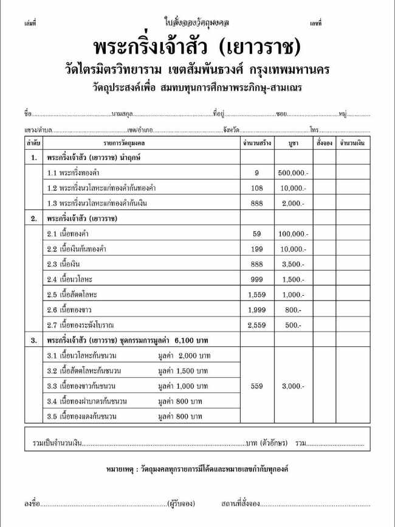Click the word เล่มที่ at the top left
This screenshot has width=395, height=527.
30,23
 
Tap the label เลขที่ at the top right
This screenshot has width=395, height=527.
315,23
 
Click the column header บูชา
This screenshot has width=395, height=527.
293,142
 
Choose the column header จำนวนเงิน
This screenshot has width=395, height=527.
352,142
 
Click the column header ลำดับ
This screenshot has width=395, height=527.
33,142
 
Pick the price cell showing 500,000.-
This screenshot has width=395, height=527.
293,173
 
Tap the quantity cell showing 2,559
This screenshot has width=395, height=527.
256,325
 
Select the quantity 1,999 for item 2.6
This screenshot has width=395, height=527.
256,310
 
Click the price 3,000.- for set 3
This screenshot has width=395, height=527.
293,386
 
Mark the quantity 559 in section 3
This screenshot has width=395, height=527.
256,386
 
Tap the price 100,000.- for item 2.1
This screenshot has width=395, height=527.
293,234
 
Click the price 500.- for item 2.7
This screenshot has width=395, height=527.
293,325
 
